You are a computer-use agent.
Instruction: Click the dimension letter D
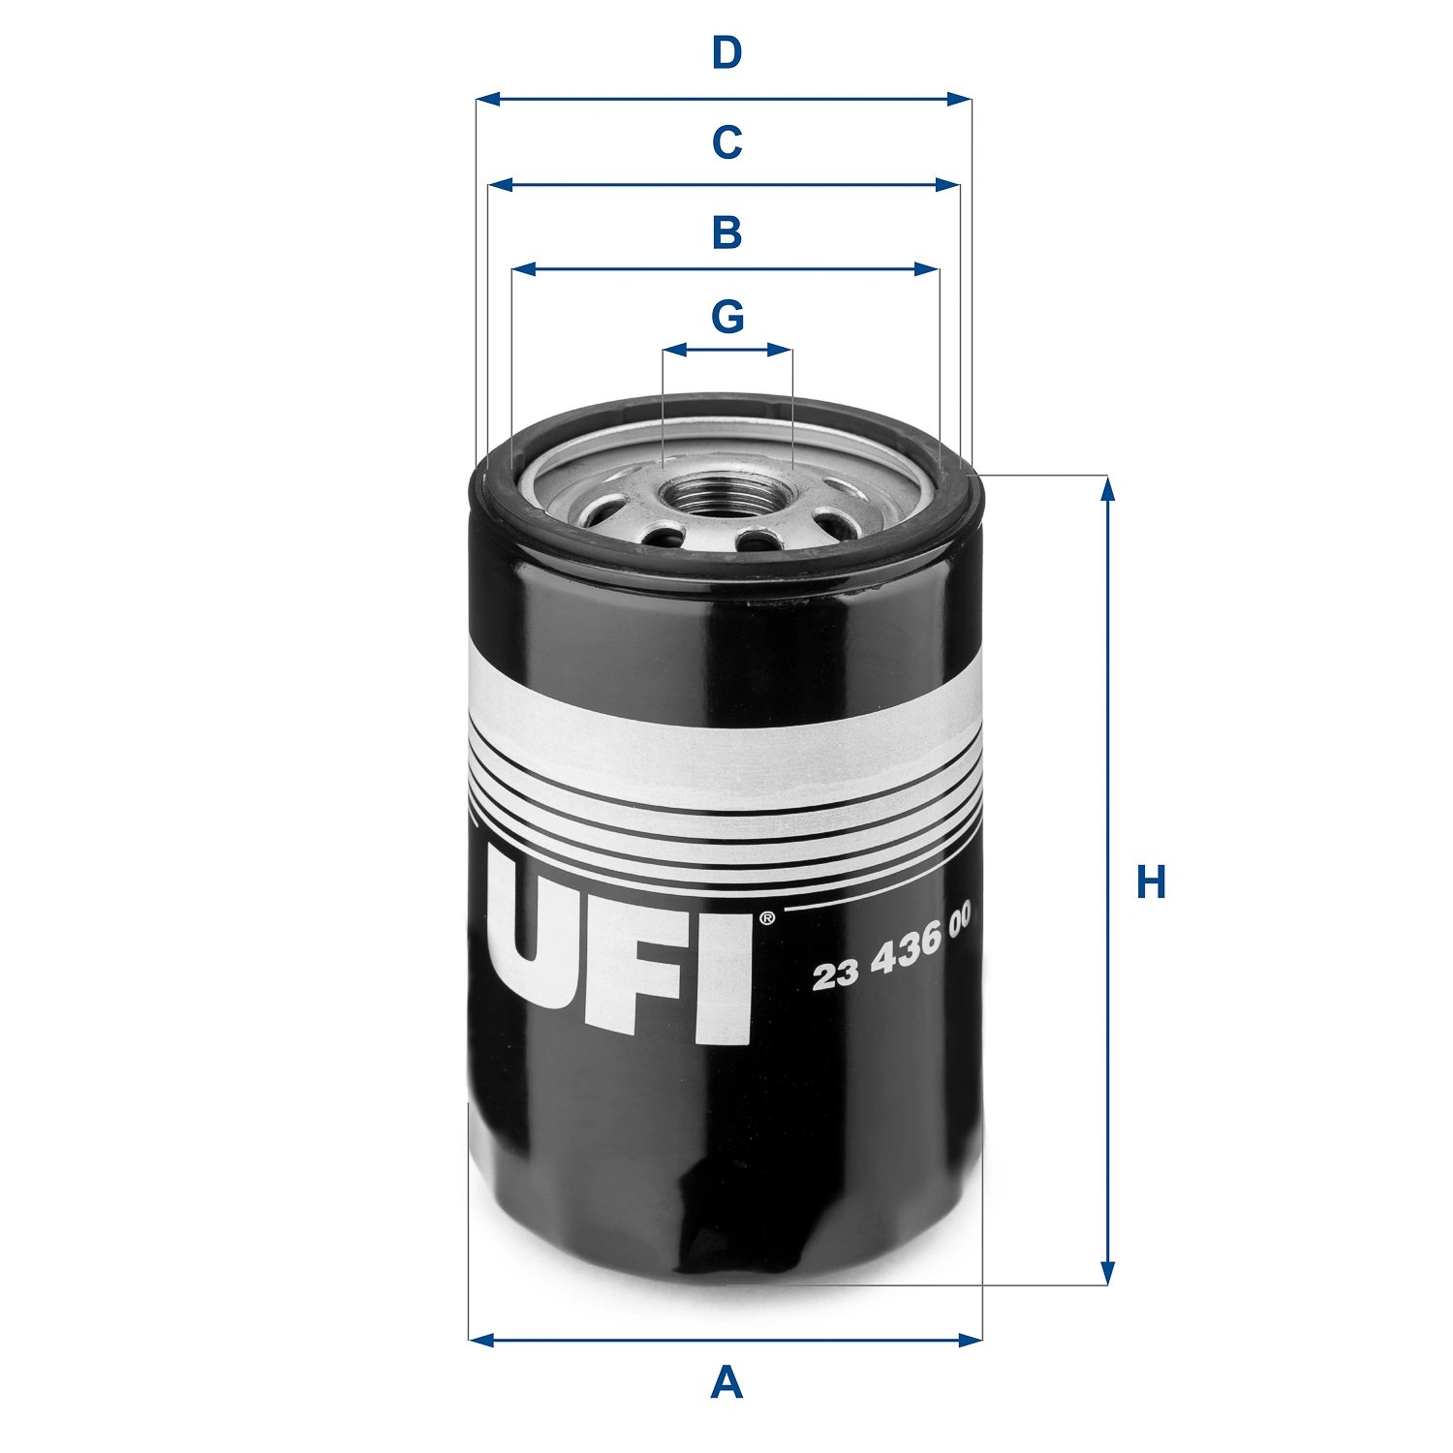tap(726, 53)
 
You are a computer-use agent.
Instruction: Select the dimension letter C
tap(726, 142)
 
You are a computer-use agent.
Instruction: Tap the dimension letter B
tap(726, 232)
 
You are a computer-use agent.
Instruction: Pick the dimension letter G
tap(727, 317)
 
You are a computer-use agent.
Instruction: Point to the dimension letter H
tap(1151, 882)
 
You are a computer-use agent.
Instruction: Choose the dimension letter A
tap(726, 1381)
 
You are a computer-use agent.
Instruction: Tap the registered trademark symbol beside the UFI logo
tap(766, 917)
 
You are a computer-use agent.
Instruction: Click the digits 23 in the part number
tap(835, 974)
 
